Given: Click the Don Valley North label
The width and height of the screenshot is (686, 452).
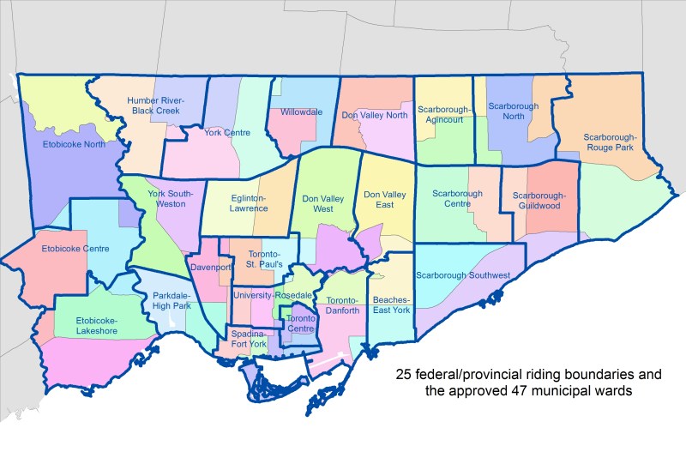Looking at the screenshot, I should point(374,114).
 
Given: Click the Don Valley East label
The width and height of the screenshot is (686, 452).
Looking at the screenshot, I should point(384,201).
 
